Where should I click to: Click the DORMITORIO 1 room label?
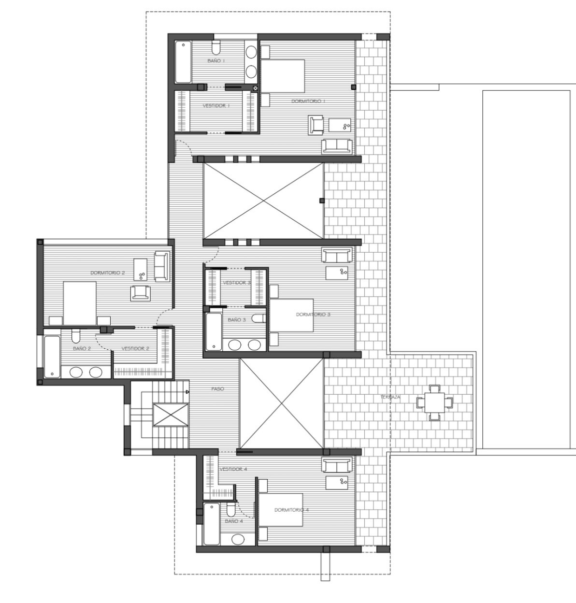308,101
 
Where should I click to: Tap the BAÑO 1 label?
216,61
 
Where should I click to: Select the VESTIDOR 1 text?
216,105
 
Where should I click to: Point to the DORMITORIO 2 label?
108,273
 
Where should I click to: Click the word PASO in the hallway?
217,388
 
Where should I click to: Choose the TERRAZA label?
390,397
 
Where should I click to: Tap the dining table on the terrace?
435,402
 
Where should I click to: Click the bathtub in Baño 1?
183,62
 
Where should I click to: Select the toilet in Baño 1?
216,47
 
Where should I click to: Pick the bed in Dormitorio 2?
80,302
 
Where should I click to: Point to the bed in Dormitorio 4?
280,509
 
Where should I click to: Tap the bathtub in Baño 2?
51,357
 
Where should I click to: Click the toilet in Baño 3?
259,318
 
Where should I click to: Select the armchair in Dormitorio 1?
316,125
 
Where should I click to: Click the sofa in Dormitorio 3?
337,255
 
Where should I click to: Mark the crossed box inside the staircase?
171,415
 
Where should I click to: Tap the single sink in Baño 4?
237,539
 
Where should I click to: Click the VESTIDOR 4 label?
233,469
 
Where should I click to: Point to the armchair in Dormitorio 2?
140,293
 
